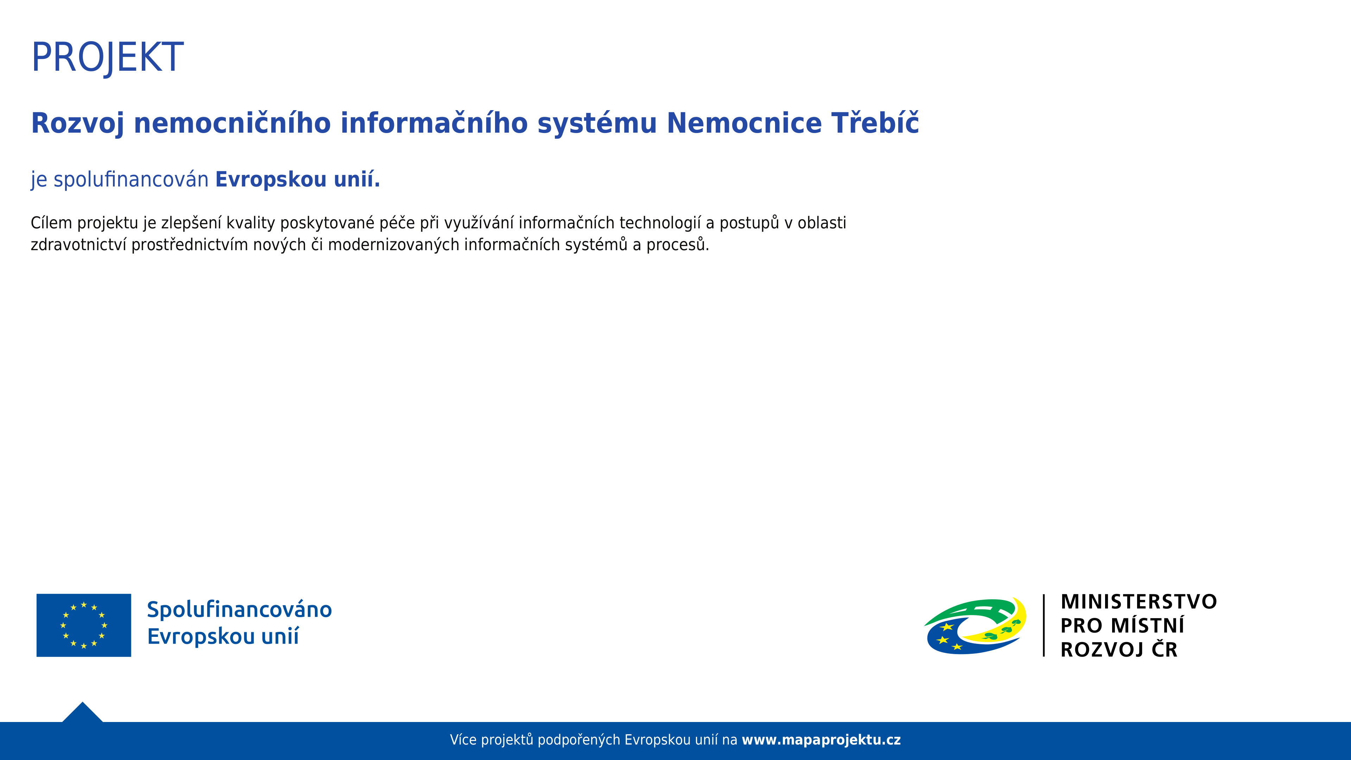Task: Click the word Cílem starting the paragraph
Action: (51, 223)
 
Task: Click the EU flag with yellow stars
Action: (84, 625)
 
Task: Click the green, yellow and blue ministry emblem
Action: (975, 626)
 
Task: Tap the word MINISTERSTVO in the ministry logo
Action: (1138, 602)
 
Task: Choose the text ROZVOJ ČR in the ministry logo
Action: (1119, 649)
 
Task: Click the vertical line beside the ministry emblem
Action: (1044, 625)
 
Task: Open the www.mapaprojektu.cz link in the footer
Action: (821, 740)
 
